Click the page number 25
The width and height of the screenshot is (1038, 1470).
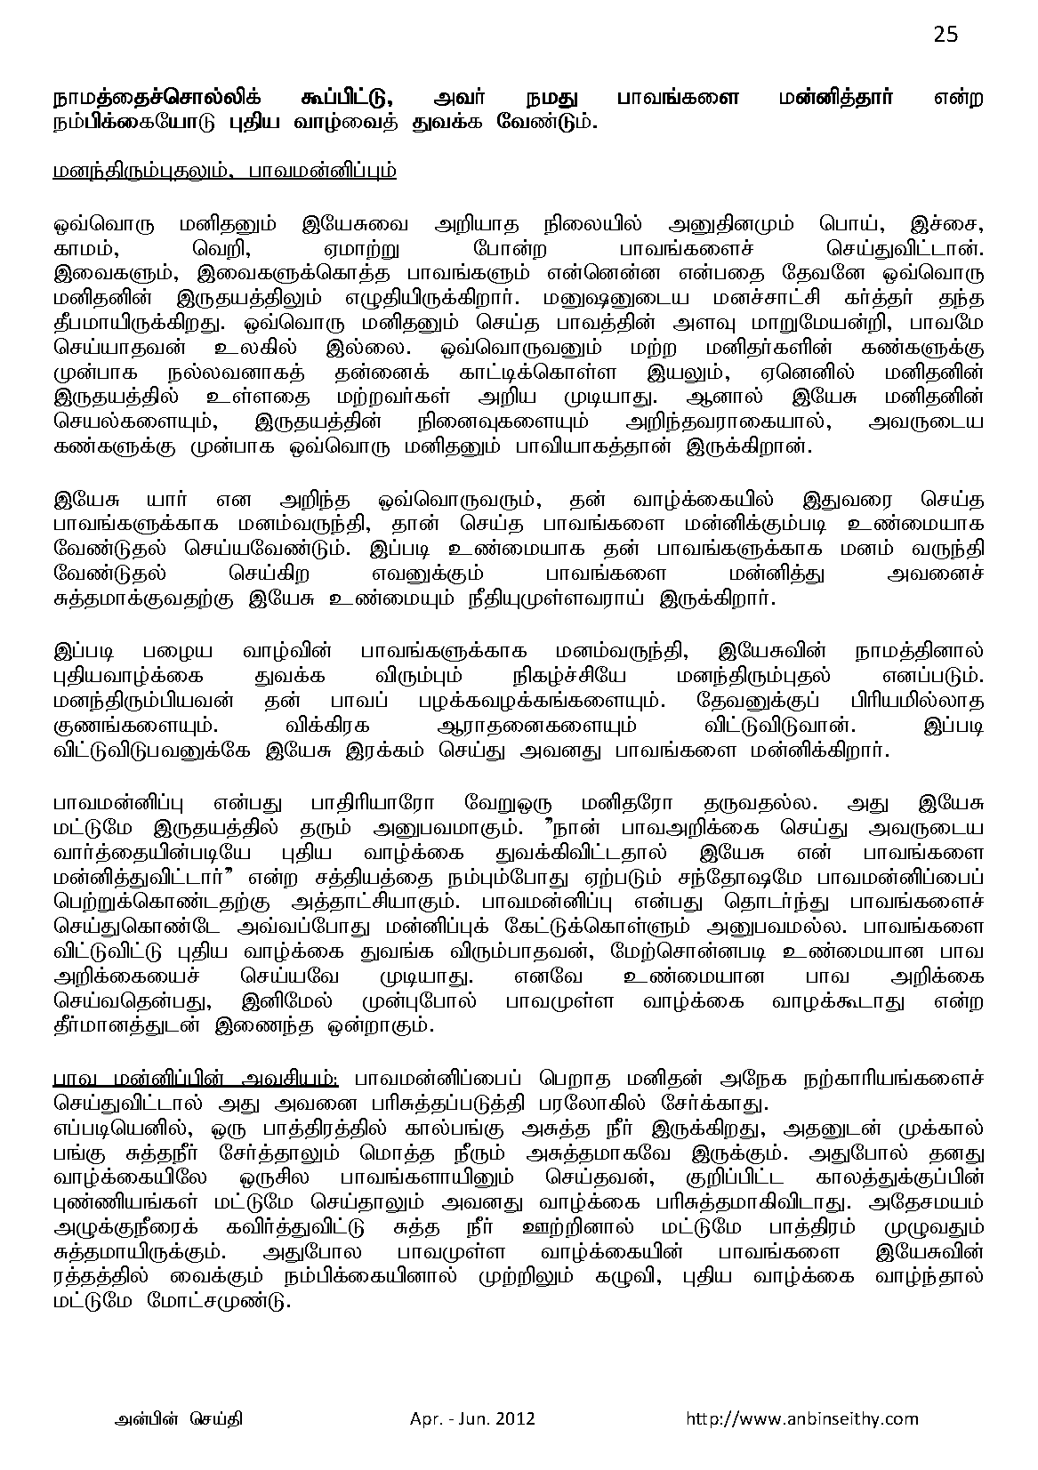pyautogui.click(x=945, y=35)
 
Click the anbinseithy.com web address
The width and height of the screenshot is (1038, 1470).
pyautogui.click(x=801, y=1418)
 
